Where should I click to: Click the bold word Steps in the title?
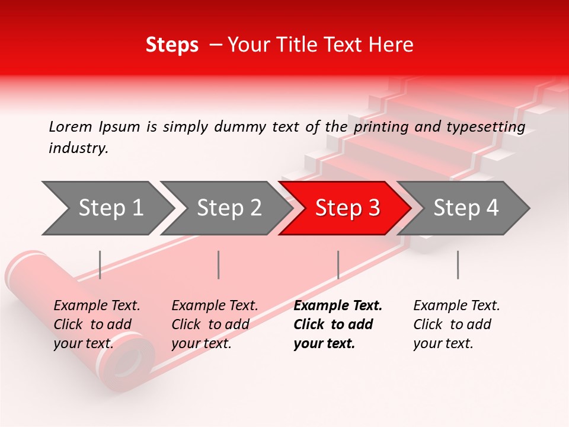tap(172, 45)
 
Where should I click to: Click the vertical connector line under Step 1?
tap(100, 265)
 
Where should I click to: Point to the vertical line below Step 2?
tap(218, 265)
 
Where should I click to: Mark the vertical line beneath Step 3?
tap(338, 265)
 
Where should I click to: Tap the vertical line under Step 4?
tap(458, 265)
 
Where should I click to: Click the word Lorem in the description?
tap(70, 127)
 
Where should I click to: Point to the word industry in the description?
tap(78, 148)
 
